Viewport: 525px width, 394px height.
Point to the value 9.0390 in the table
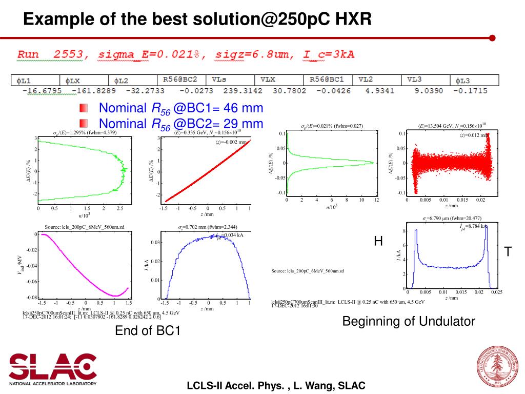click(x=429, y=91)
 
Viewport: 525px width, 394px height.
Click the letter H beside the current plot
click(x=378, y=242)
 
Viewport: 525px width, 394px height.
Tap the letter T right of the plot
click(x=508, y=252)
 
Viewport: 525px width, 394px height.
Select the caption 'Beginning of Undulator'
click(x=409, y=322)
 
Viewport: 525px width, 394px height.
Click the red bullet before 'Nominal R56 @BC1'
click(x=84, y=108)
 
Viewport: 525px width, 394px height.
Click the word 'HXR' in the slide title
click(x=349, y=20)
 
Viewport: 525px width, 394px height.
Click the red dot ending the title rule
click(x=492, y=37)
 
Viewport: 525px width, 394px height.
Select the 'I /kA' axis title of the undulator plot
click(x=398, y=255)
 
